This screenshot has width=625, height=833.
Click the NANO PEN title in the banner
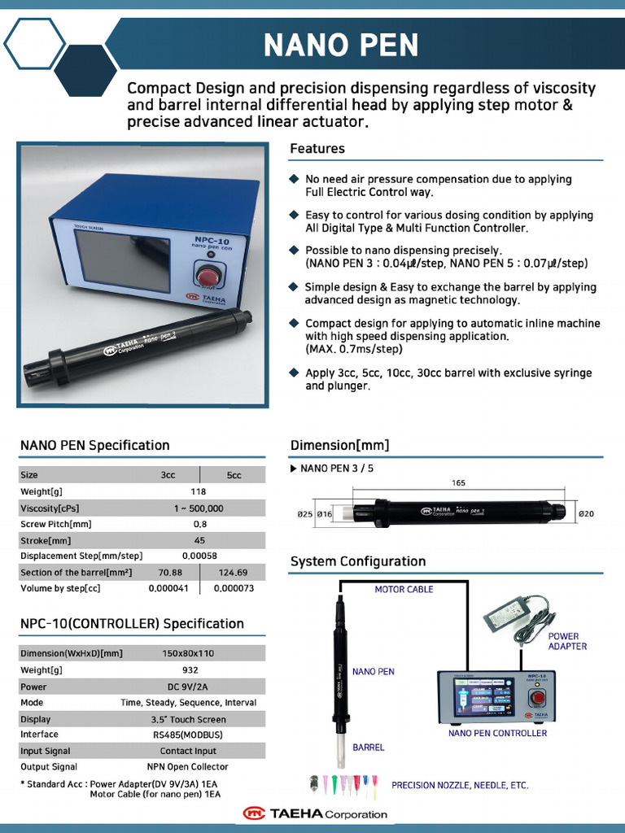[x=341, y=46]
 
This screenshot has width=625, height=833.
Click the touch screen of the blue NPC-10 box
[x=121, y=259]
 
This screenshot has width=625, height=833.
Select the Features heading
[x=317, y=149]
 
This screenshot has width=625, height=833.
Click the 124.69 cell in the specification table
[x=233, y=572]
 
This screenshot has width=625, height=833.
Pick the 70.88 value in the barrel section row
[x=170, y=572]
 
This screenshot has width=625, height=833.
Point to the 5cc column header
[x=234, y=475]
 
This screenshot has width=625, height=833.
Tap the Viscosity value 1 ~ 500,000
[x=199, y=508]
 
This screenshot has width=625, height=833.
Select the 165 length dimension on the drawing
[x=458, y=483]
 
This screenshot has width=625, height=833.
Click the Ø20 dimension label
[x=586, y=514]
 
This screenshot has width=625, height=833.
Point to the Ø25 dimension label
[x=305, y=514]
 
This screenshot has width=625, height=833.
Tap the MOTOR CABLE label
[x=404, y=589]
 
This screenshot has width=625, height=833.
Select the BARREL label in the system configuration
[x=368, y=747]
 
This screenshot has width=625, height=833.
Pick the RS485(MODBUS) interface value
[x=188, y=735]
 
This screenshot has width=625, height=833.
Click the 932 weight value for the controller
[x=190, y=669]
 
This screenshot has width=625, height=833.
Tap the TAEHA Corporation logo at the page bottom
[x=314, y=813]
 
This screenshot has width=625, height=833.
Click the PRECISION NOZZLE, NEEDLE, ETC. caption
[x=460, y=785]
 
